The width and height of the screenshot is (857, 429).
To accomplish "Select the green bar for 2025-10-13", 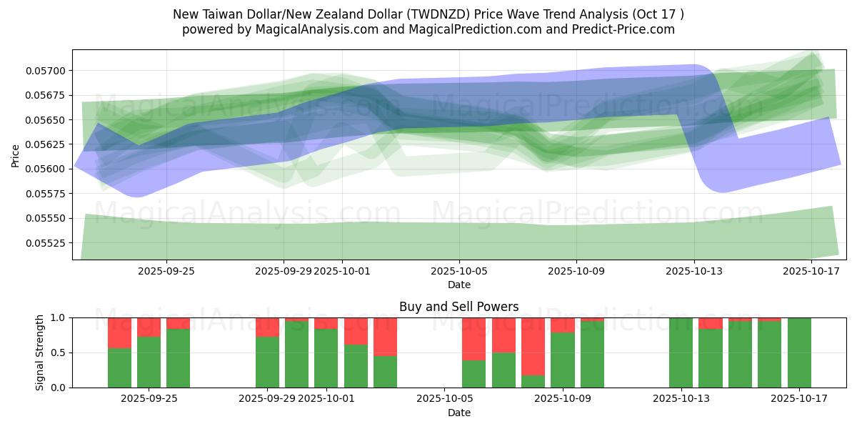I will [x=681, y=352].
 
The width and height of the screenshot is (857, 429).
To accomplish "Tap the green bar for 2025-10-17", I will [x=799, y=352].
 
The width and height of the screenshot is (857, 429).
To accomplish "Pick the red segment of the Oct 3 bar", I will [x=386, y=336].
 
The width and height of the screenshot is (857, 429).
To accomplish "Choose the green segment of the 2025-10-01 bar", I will [x=326, y=358].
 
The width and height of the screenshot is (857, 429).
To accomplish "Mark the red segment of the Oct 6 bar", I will [x=474, y=338].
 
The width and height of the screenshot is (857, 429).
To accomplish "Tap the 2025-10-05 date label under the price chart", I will [x=458, y=271].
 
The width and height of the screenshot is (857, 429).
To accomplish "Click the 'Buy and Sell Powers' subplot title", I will [x=458, y=307].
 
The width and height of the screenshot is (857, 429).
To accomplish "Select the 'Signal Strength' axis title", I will [x=40, y=352].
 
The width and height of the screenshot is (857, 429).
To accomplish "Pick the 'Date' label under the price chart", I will [x=458, y=285].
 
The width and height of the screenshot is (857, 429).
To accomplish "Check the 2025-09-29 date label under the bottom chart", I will [x=267, y=399].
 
